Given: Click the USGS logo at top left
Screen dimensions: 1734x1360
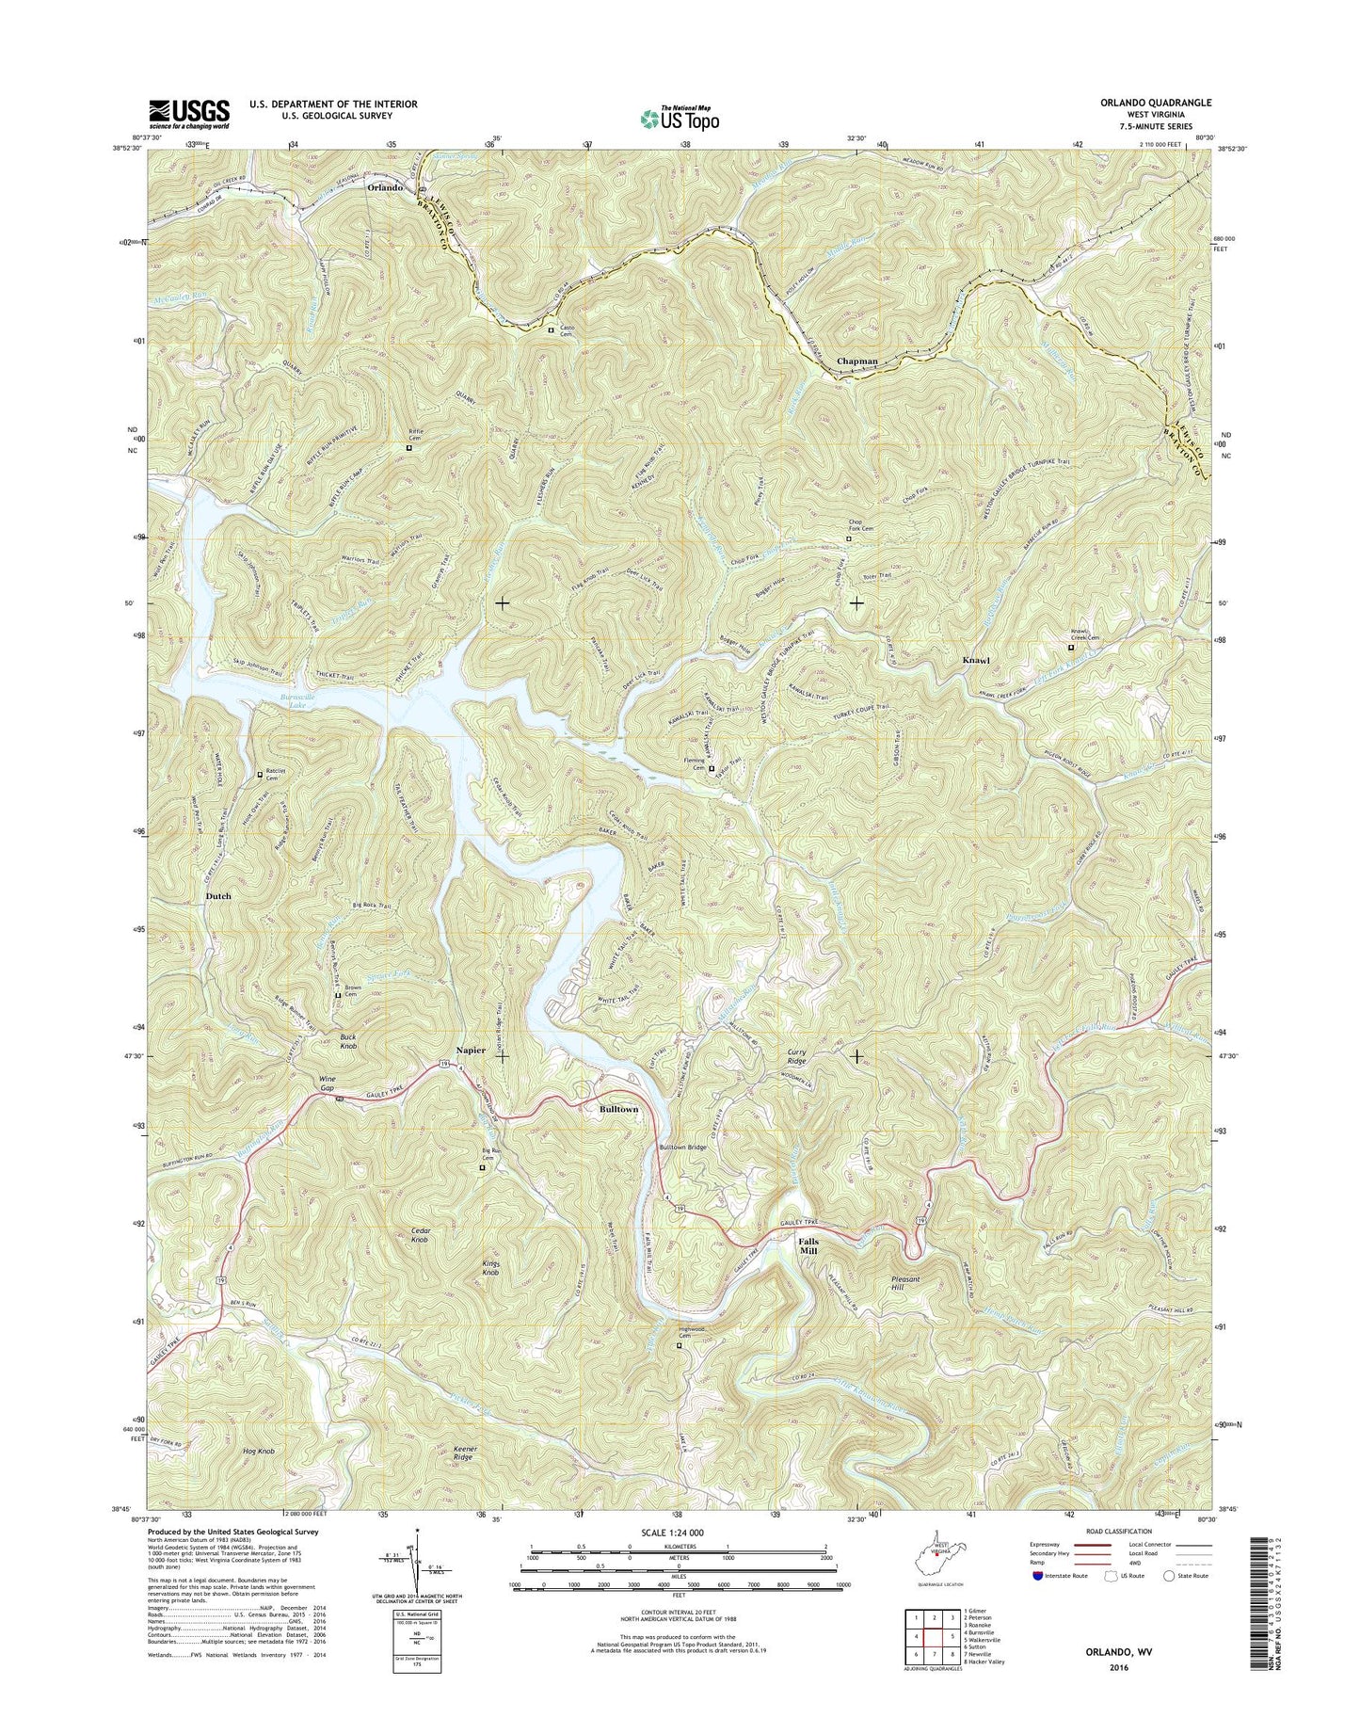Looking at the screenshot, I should click(x=189, y=115).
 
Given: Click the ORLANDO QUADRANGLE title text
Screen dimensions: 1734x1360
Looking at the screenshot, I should click(x=1160, y=103).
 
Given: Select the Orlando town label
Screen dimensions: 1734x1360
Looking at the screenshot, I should click(x=385, y=187).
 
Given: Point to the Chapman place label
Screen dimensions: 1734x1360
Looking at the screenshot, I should click(x=856, y=361).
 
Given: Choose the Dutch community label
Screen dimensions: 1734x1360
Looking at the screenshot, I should click(x=217, y=896).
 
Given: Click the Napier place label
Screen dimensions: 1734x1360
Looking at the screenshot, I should click(x=471, y=1050).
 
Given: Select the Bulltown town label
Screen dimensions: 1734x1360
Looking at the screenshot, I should click(x=618, y=1109).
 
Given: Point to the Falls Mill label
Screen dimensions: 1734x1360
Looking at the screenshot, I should click(x=808, y=1246).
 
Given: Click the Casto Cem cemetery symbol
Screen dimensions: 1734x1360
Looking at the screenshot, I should click(x=552, y=329).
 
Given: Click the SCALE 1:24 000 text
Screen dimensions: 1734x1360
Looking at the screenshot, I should click(x=678, y=1533).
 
